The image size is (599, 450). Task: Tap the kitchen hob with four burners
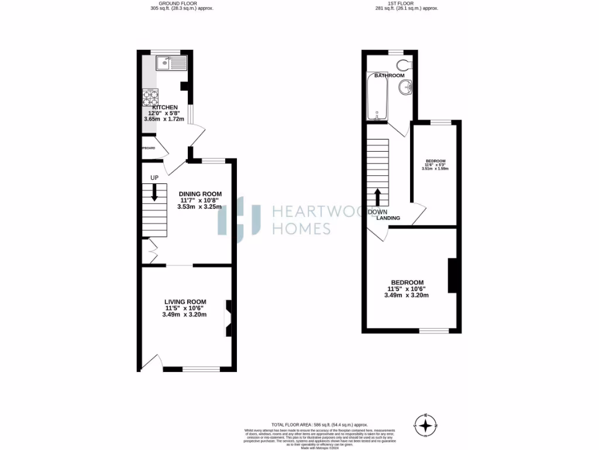point(150,97)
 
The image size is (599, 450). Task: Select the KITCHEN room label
point(164,108)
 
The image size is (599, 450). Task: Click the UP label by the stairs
point(154,178)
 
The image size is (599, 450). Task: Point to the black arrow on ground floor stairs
point(155,192)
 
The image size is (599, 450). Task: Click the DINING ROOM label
point(200,194)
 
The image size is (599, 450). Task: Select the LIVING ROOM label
point(185,302)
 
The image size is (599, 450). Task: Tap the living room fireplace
point(229,318)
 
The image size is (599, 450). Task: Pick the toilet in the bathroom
point(405,64)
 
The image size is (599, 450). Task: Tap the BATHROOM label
point(390,76)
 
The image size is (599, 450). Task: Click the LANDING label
point(388,218)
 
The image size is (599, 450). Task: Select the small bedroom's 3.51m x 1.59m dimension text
point(435,169)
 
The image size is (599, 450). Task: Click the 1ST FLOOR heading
point(405,4)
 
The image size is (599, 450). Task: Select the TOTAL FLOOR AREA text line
point(319,424)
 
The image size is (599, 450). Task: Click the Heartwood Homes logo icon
point(239,220)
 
